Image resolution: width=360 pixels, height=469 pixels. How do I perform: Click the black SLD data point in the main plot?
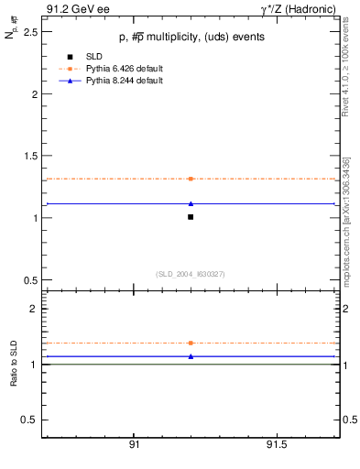tap(191, 217)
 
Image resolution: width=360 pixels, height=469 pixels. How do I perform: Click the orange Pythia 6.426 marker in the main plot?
tap(191, 179)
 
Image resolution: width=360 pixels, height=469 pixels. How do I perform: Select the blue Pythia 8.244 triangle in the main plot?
tap(191, 203)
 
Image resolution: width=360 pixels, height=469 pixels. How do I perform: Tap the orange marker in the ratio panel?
tap(191, 343)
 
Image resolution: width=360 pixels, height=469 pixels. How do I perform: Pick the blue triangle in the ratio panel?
tap(191, 356)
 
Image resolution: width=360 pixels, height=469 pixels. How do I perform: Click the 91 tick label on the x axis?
tap(134, 444)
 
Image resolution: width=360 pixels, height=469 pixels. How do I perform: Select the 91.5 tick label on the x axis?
tap(276, 444)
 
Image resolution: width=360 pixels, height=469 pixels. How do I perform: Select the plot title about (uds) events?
tap(191, 37)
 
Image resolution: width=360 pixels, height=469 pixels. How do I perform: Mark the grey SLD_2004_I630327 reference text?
tap(191, 274)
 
